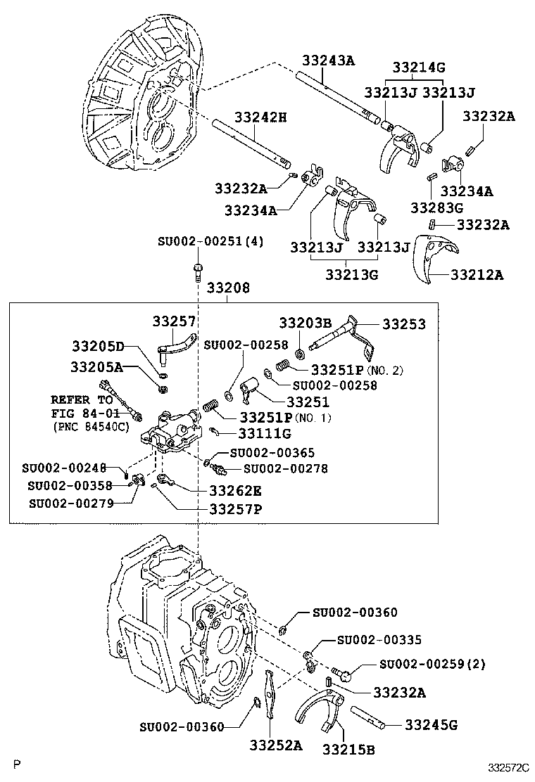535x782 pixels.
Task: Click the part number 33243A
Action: pos(328,60)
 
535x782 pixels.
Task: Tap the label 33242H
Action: pos(260,117)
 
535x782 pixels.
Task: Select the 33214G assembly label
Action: pos(419,67)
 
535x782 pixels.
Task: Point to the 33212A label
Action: pos(477,274)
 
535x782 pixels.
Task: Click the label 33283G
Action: pos(436,207)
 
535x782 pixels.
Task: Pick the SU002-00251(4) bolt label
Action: pos(210,241)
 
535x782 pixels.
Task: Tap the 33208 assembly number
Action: pos(229,288)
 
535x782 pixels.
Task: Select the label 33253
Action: pos(404,323)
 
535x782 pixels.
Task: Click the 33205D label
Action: pos(98,345)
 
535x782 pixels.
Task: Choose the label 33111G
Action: pos(265,433)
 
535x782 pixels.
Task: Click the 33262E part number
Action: pos(235,491)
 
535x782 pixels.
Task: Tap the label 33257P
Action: pos(236,508)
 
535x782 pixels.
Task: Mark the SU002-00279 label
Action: pos(71,504)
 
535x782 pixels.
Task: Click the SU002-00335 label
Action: pos(379,639)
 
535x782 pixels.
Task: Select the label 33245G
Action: pos(432,724)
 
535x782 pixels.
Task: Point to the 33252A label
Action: pos(276,745)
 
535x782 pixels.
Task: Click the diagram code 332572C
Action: pos(508,768)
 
